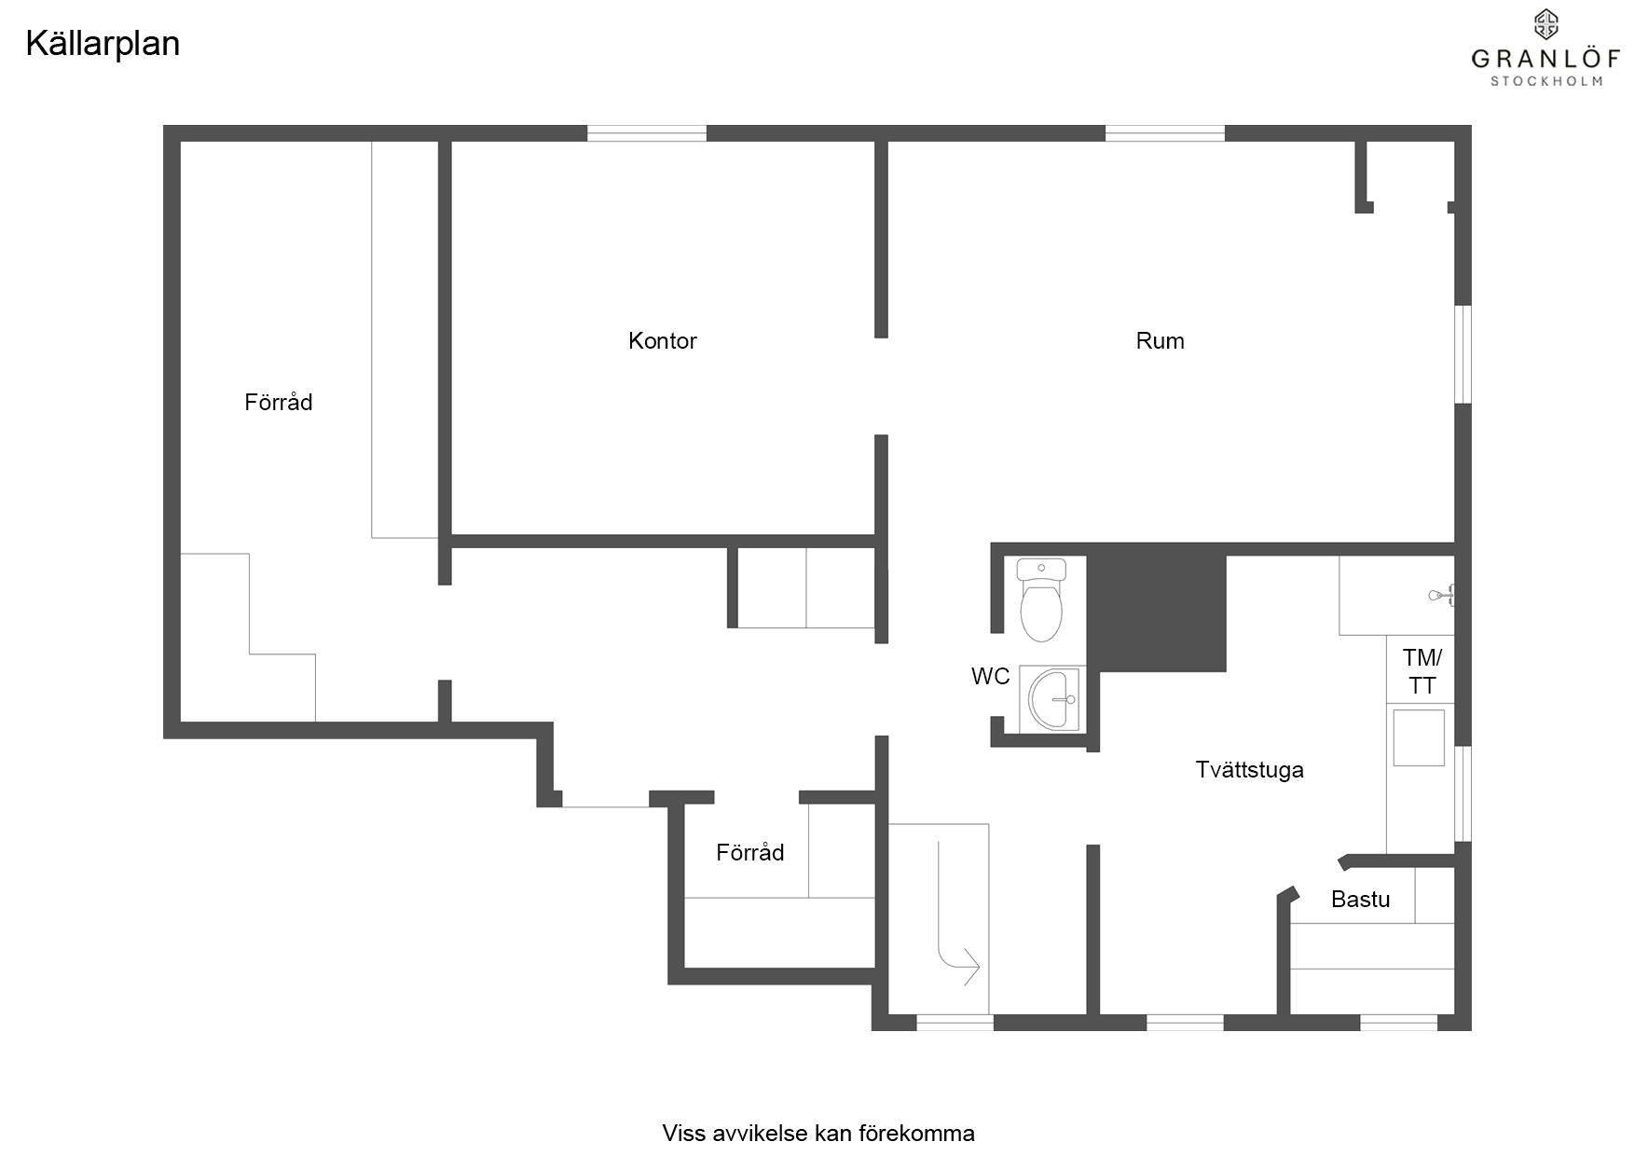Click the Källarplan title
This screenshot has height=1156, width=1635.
click(x=103, y=44)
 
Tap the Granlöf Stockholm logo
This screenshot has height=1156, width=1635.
click(x=1546, y=48)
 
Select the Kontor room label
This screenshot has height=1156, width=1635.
click(x=663, y=341)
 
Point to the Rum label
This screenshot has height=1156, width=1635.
click(x=1160, y=341)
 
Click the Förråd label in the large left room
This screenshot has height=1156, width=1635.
click(x=279, y=402)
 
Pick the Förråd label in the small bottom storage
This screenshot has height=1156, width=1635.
click(x=750, y=852)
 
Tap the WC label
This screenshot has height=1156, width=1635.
click(x=990, y=677)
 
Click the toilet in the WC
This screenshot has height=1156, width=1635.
click(x=1041, y=600)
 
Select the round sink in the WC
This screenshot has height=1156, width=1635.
click(x=1053, y=698)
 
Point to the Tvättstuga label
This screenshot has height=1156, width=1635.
click(x=1249, y=770)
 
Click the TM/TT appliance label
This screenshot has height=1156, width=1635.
click(x=1422, y=672)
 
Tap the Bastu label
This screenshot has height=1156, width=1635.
click(x=1360, y=900)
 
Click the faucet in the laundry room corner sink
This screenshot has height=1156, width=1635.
click(x=1442, y=594)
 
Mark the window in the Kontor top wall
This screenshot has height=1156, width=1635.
click(x=647, y=133)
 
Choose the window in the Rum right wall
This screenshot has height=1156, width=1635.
click(x=1463, y=354)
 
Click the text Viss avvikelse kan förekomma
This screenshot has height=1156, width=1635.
click(x=818, y=1134)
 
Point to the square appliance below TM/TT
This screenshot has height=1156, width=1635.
click(x=1419, y=737)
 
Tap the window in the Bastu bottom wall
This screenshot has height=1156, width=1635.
click(x=1399, y=1023)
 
